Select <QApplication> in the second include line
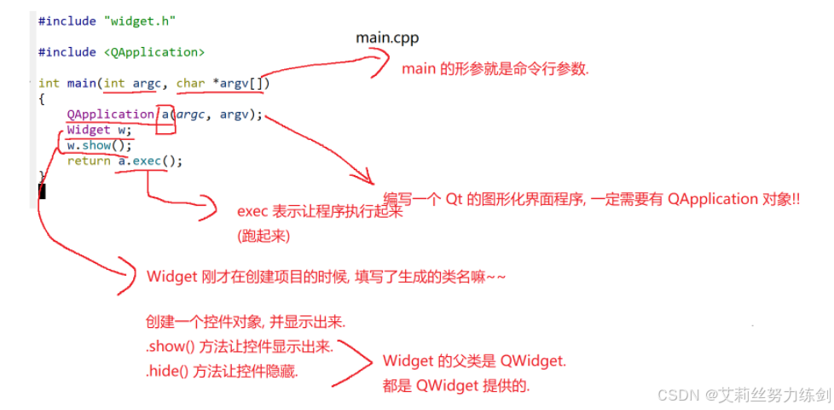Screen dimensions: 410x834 [x=155, y=52]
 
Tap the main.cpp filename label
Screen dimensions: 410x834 [x=387, y=38]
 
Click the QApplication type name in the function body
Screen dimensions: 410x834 [x=111, y=114]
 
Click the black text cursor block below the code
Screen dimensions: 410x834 [x=42, y=190]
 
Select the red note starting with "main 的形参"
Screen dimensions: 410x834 [x=495, y=69]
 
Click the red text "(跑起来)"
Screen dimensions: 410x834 [x=265, y=235]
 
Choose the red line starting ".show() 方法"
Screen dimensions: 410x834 [x=240, y=347]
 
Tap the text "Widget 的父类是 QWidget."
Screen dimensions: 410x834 [x=474, y=361]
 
